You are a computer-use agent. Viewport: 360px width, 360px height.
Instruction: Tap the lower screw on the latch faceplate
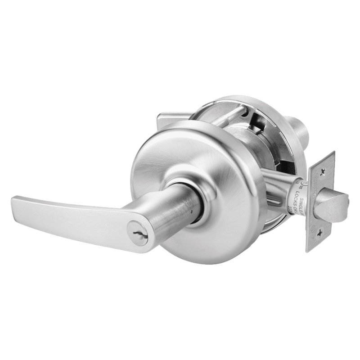tap(319, 233)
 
